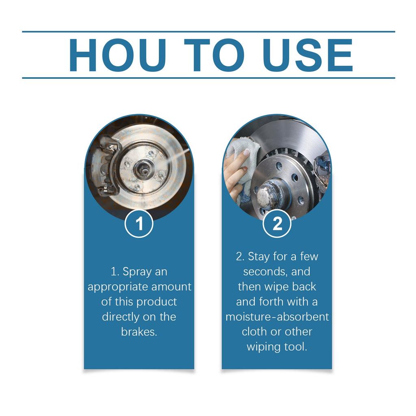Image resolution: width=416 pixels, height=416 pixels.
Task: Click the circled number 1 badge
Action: tap(139, 224)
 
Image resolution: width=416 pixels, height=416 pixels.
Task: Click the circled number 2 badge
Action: tap(277, 224)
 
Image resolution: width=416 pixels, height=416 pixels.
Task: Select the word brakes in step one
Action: tap(139, 331)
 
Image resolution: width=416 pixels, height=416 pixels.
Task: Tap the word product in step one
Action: tap(156, 302)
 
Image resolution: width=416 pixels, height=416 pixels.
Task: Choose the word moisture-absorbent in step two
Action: tap(277, 316)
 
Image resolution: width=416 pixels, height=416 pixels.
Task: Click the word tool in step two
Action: tap(297, 347)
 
